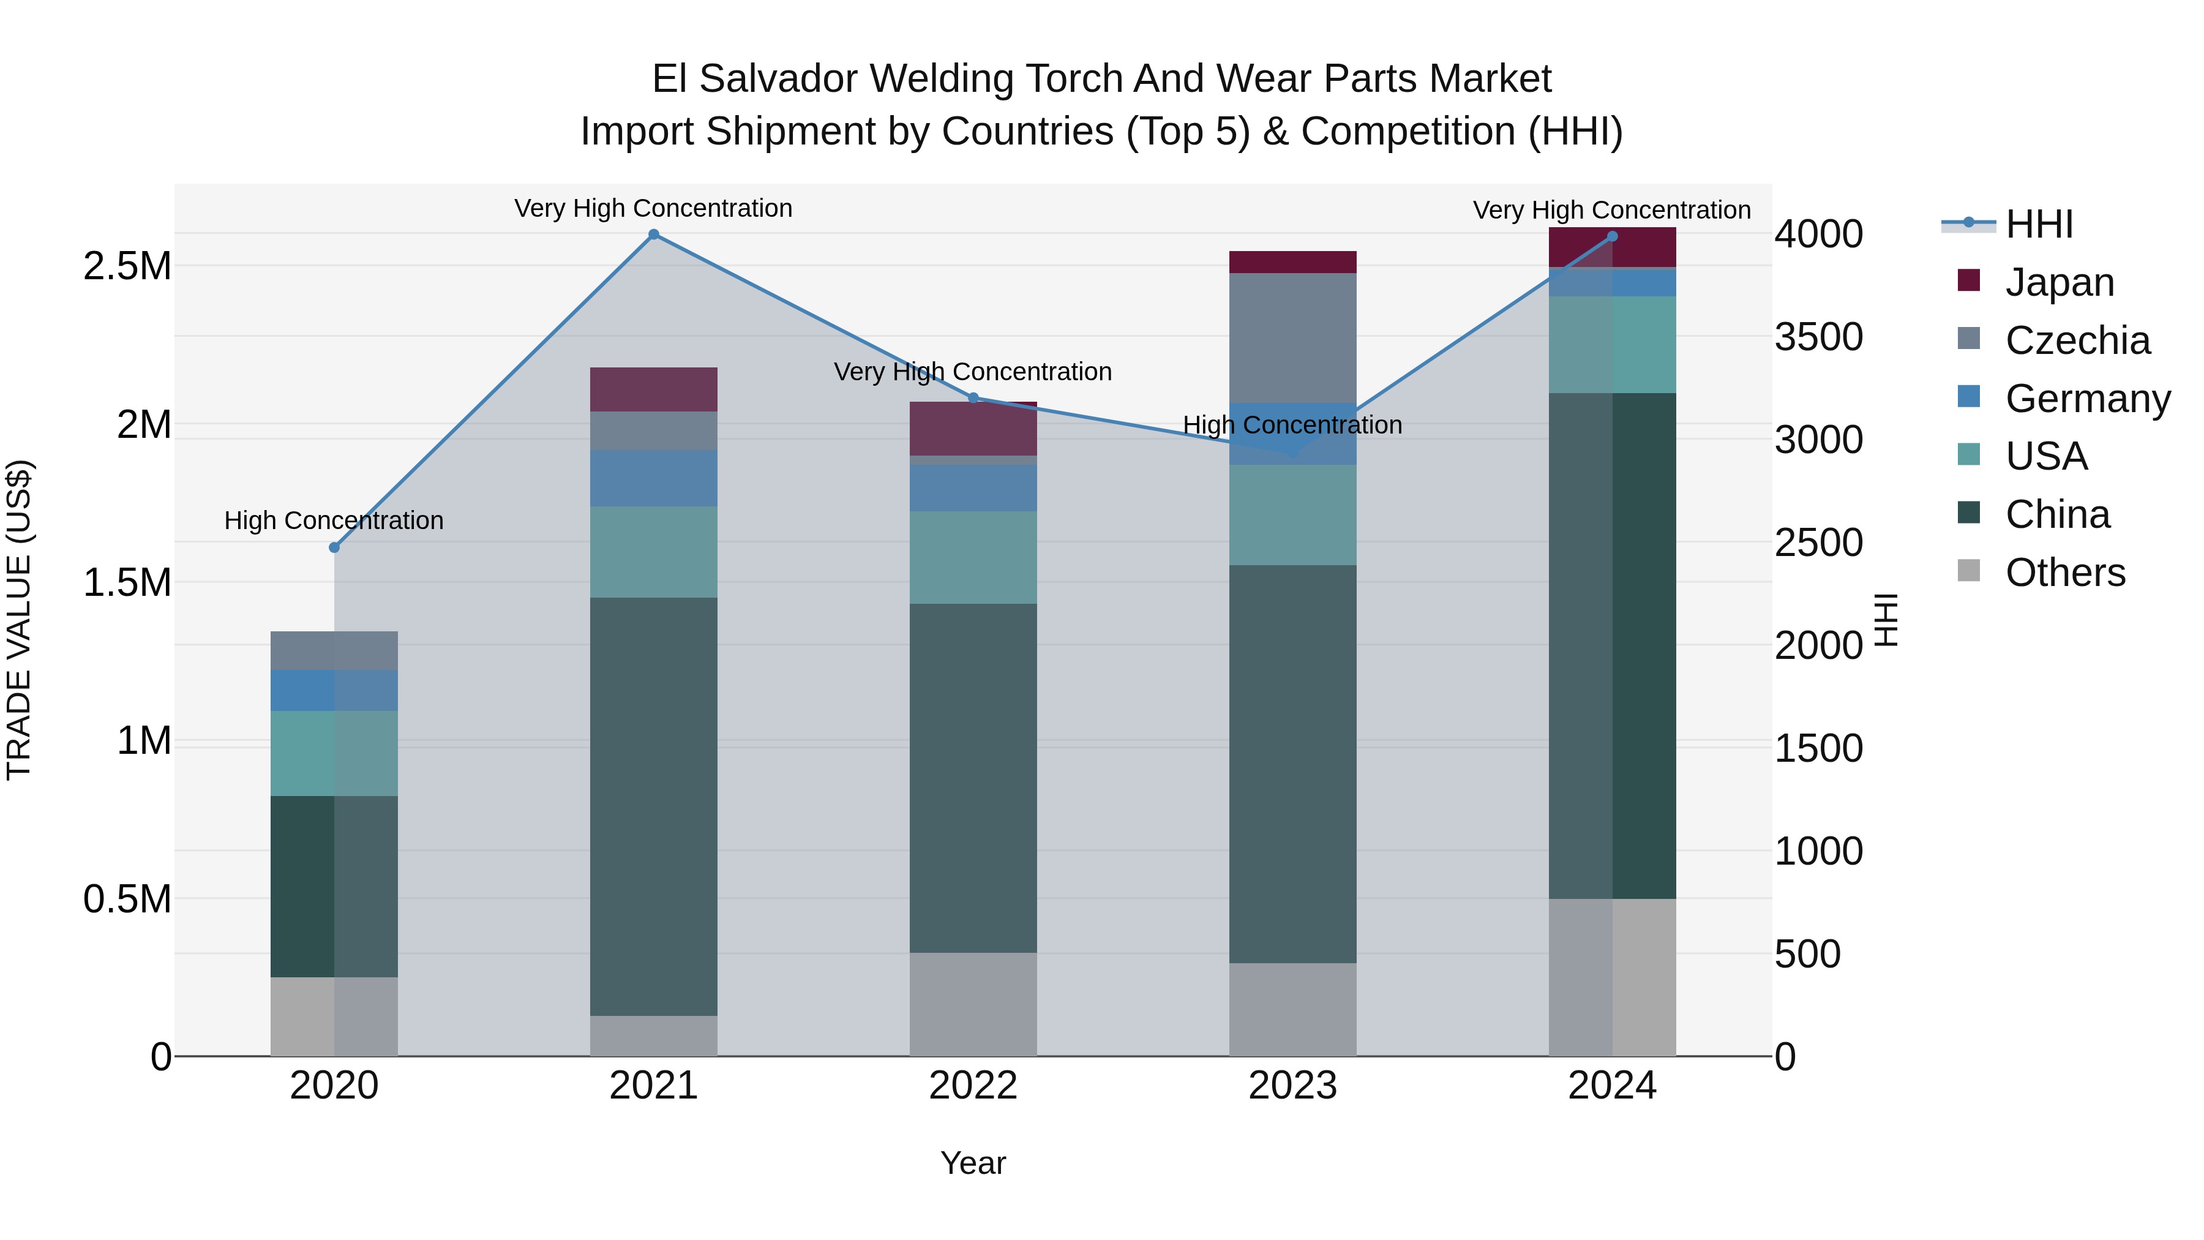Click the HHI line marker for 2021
click(654, 235)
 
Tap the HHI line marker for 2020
click(334, 547)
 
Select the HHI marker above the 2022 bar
click(973, 398)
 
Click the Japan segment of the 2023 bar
click(1293, 262)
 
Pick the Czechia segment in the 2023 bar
click(1293, 338)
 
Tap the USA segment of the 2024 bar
click(1612, 345)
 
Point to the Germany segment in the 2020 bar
click(334, 691)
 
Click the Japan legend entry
click(2058, 282)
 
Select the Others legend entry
click(2064, 573)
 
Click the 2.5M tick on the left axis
click(127, 266)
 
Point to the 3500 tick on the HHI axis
click(1818, 337)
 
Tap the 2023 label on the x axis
click(1293, 1086)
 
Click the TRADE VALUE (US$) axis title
click(20, 620)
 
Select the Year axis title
click(973, 1163)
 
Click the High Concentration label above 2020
click(334, 520)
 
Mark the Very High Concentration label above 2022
click(973, 372)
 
